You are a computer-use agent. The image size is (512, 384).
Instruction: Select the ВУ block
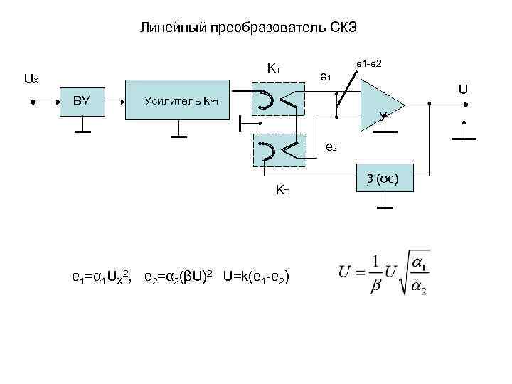click(82, 101)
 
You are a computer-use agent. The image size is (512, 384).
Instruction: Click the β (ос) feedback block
click(387, 176)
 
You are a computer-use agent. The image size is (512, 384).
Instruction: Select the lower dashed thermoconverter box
click(279, 151)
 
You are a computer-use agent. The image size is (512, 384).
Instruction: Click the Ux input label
click(31, 80)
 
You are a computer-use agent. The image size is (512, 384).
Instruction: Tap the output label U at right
click(463, 90)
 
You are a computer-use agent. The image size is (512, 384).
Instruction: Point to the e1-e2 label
click(370, 63)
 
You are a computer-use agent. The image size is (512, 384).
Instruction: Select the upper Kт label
click(274, 69)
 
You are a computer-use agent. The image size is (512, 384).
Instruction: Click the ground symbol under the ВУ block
click(83, 130)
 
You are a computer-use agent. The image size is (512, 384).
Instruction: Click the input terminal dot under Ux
click(33, 102)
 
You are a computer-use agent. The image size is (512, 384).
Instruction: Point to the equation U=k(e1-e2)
click(255, 276)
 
